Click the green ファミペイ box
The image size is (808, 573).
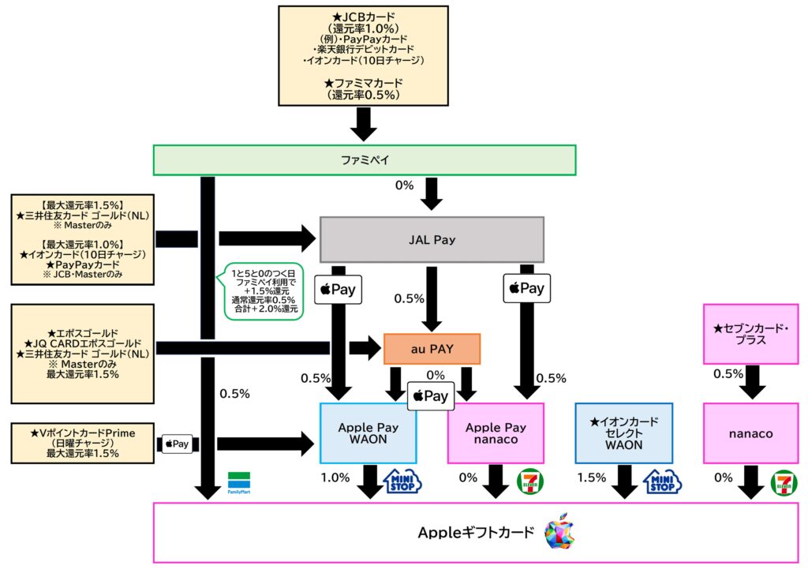coord(365,160)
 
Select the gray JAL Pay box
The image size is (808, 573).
coord(432,239)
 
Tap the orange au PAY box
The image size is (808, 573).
coord(432,349)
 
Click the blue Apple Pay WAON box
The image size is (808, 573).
coord(368,433)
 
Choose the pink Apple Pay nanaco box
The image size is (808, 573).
coord(496,433)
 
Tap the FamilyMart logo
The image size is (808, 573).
coord(238,481)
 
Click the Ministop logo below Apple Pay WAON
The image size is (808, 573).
coord(402,481)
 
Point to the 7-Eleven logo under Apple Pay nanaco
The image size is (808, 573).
coord(529,481)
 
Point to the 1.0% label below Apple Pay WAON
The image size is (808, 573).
coord(335,478)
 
